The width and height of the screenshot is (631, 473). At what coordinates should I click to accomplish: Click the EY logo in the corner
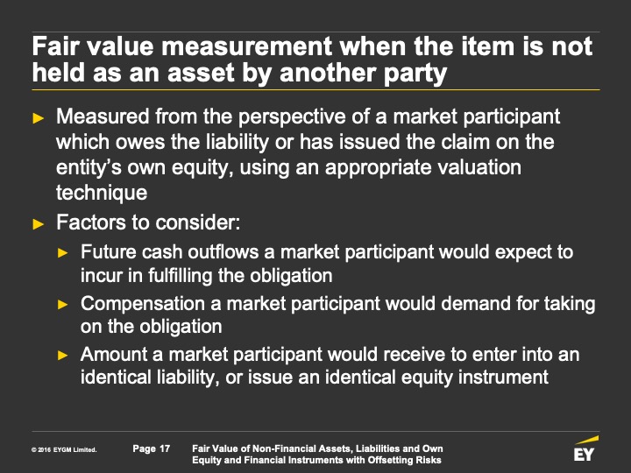(x=585, y=449)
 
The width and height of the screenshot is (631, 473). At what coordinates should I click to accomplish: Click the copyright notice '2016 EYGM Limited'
(x=64, y=449)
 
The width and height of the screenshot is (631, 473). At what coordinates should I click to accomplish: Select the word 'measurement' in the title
(x=246, y=46)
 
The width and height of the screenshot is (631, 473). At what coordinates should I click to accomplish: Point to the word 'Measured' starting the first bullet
(x=103, y=116)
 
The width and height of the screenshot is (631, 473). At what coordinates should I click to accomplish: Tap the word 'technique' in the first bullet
(x=102, y=193)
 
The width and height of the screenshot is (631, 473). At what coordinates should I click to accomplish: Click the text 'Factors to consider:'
(x=148, y=222)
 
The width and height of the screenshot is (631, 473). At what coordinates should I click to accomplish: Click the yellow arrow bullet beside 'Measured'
(x=39, y=118)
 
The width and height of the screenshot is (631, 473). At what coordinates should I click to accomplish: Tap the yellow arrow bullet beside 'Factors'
(x=39, y=223)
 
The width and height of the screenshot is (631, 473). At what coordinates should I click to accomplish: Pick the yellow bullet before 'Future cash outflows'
(x=63, y=252)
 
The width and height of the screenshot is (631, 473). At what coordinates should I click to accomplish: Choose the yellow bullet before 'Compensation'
(x=63, y=304)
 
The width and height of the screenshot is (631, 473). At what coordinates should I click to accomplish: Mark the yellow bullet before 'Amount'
(x=63, y=355)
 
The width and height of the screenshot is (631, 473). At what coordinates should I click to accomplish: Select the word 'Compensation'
(x=143, y=304)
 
